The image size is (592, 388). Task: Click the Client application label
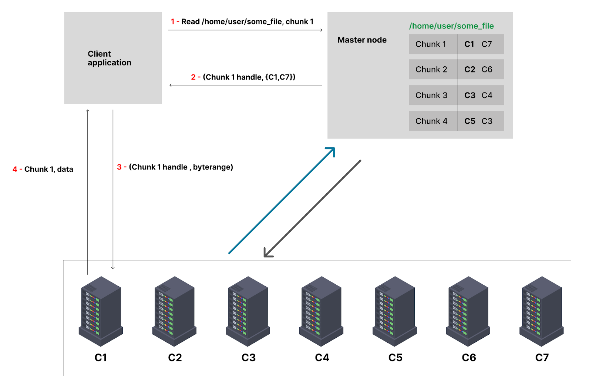(109, 58)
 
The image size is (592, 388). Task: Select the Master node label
(362, 40)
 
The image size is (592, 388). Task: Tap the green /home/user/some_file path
(451, 26)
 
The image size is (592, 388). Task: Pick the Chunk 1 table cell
(431, 44)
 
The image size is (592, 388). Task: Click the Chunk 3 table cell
(431, 95)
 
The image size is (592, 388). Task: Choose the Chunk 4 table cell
(431, 121)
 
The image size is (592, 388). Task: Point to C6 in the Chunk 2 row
(487, 70)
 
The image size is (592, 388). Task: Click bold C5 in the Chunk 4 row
(470, 121)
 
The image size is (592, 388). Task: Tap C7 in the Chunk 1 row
(487, 44)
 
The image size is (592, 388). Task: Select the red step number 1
(172, 21)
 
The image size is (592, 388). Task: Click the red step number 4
(15, 169)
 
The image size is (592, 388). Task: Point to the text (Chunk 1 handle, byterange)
(181, 167)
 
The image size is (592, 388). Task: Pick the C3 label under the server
(248, 358)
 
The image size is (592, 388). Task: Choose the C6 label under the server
(468, 358)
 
